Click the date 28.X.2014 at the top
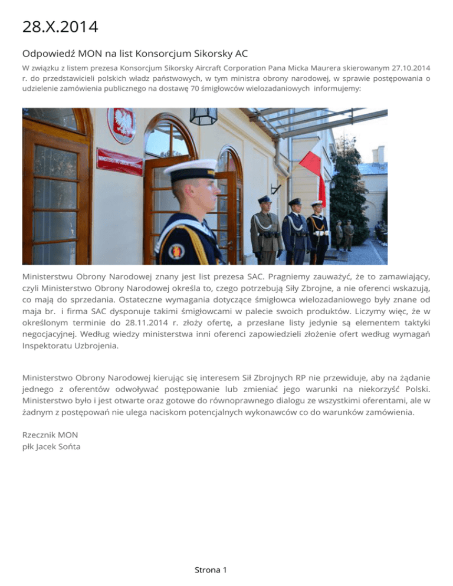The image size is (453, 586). tap(60, 27)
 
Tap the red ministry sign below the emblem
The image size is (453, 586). tap(119, 161)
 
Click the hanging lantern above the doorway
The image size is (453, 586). tap(203, 116)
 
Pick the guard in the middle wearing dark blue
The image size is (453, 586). tap(296, 231)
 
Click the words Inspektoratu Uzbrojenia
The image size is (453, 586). tap(70, 346)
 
